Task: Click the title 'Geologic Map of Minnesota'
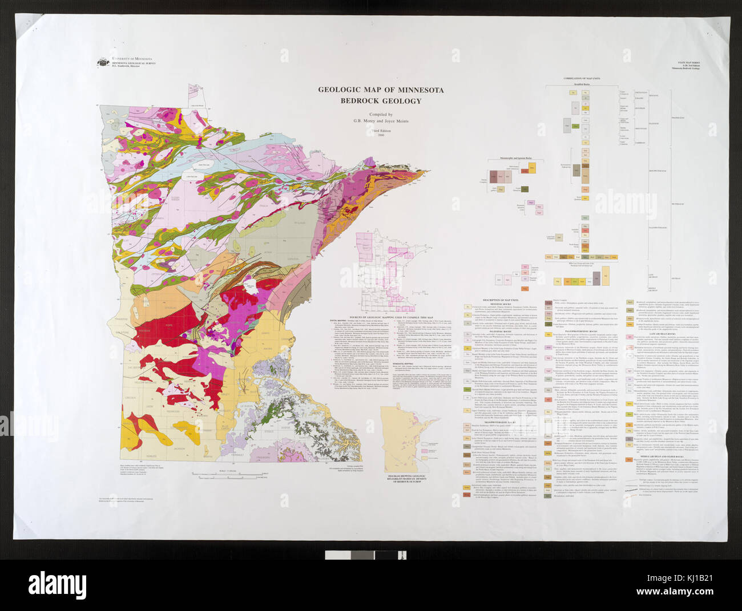pos(381,90)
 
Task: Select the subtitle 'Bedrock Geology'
pos(381,101)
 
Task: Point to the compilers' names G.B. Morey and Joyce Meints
pos(381,120)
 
